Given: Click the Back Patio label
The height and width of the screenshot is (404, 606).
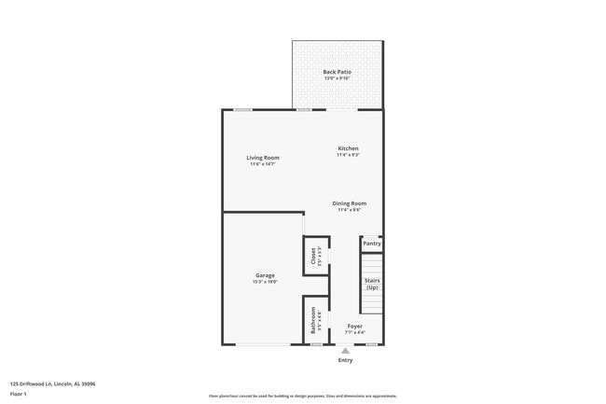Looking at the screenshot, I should (337, 72).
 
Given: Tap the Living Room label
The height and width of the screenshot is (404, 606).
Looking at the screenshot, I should (263, 158).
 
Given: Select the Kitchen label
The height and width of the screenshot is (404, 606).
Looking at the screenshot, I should (348, 148).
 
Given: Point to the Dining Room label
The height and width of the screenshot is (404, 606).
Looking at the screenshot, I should (350, 203).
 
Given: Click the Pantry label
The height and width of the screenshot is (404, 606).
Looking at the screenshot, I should (372, 244).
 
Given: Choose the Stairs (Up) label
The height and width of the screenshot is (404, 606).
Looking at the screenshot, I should (372, 284).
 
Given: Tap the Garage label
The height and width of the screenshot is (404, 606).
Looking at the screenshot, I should (265, 275).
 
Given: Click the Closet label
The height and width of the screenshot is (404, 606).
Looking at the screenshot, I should (314, 255).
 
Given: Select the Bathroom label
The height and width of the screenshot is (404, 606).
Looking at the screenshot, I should (314, 319).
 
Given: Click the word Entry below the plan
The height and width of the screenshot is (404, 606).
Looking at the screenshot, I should (345, 360).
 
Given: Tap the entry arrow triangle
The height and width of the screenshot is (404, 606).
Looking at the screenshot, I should (345, 351).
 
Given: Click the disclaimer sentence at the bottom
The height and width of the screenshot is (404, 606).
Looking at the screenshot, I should (302, 397).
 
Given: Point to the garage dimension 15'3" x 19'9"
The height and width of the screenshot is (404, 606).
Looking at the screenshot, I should (265, 282).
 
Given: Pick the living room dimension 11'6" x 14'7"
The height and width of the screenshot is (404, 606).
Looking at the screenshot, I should (263, 164).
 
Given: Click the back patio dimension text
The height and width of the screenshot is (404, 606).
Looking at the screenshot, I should (337, 78).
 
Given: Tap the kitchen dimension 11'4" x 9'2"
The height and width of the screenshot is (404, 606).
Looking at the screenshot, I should (348, 155).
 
